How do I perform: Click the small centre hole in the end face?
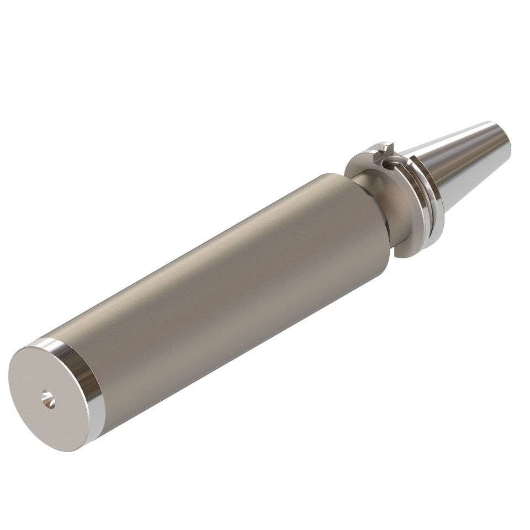click(x=48, y=399)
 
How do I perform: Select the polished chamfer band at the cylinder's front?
click(x=83, y=375)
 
